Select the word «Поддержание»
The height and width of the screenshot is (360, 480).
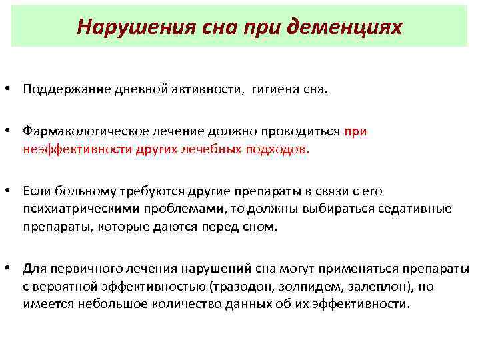[x=59, y=89]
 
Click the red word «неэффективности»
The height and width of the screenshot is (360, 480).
[x=71, y=149]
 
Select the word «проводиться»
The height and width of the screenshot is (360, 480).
[x=298, y=132]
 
